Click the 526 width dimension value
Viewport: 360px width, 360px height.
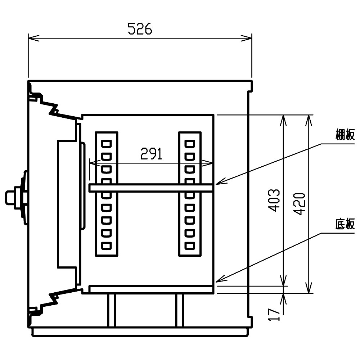[140, 29]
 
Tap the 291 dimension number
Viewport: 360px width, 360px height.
[151, 154]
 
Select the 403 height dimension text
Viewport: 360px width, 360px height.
[274, 200]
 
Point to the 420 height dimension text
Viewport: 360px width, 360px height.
[300, 204]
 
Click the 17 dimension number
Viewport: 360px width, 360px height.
[274, 315]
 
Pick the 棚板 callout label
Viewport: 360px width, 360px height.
[345, 134]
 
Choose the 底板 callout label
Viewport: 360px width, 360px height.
[345, 224]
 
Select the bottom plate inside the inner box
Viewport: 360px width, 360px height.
[151, 289]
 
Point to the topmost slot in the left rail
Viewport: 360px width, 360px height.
[107, 144]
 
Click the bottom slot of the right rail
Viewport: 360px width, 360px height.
[190, 246]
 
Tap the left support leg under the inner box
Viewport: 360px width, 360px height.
[111, 310]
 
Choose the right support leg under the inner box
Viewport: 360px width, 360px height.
[180, 310]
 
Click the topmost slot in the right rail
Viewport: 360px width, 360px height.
[190, 144]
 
